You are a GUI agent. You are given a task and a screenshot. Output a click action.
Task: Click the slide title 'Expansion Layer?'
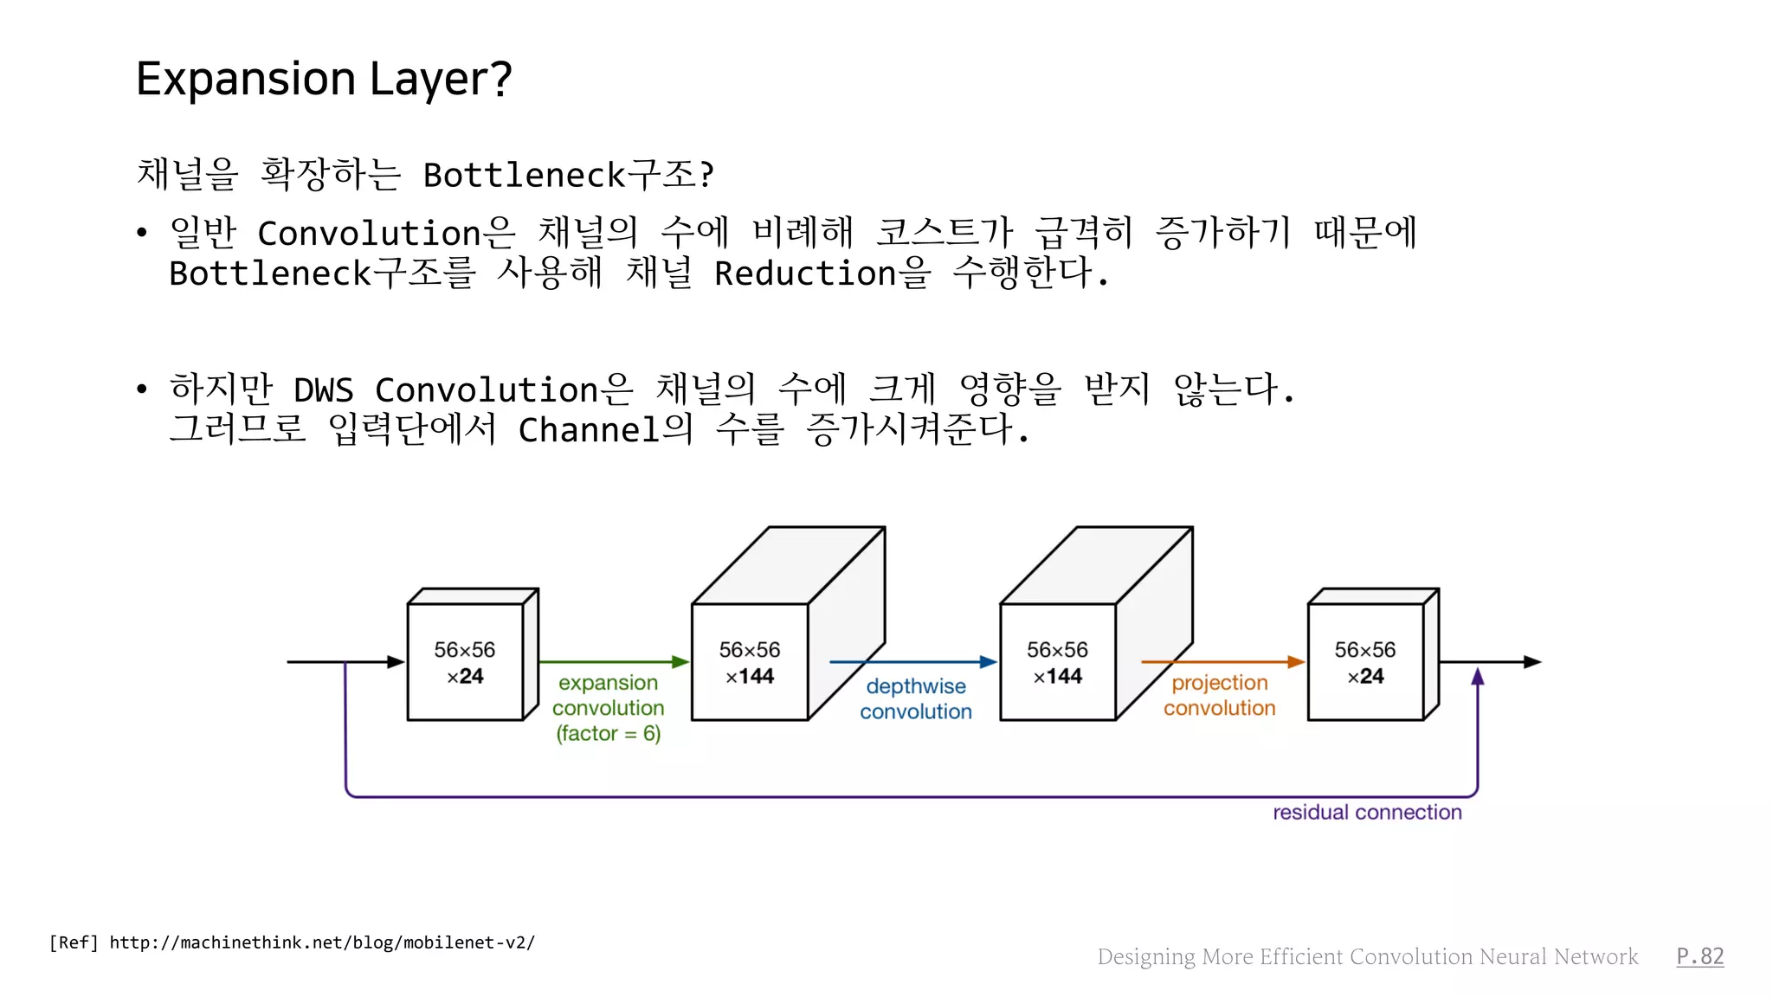click(x=324, y=79)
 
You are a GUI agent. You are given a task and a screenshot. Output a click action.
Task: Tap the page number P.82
click(x=1699, y=956)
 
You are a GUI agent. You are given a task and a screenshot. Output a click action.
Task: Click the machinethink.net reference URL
click(x=322, y=942)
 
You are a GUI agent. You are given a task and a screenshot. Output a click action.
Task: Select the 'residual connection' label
click(x=1367, y=813)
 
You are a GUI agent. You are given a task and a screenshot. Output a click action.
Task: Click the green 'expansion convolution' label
click(x=609, y=708)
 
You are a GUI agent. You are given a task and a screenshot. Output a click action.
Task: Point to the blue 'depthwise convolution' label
click(x=916, y=699)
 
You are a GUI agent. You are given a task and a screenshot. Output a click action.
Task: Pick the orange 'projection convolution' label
click(x=1219, y=696)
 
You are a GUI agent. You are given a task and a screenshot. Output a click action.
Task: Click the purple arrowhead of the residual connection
click(x=1478, y=677)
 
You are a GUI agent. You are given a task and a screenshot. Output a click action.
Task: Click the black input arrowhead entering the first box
click(x=397, y=662)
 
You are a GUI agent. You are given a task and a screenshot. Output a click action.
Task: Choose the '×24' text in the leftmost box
click(x=465, y=677)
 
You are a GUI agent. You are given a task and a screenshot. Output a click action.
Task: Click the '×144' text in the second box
click(x=750, y=677)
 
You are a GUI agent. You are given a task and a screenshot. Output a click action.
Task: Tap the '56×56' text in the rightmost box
click(x=1365, y=650)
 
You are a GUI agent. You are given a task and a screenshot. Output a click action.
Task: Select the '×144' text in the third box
click(x=1057, y=677)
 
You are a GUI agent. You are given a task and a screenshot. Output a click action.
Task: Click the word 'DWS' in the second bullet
click(x=324, y=390)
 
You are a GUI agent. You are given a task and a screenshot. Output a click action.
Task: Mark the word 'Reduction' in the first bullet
click(x=805, y=273)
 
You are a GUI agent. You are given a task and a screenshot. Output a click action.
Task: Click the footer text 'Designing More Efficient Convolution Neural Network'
click(x=1368, y=956)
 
